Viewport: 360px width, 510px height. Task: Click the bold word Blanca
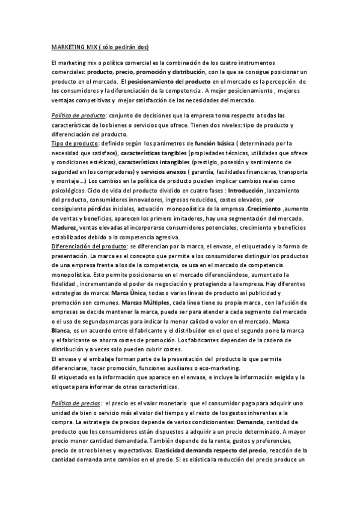click(61, 331)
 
